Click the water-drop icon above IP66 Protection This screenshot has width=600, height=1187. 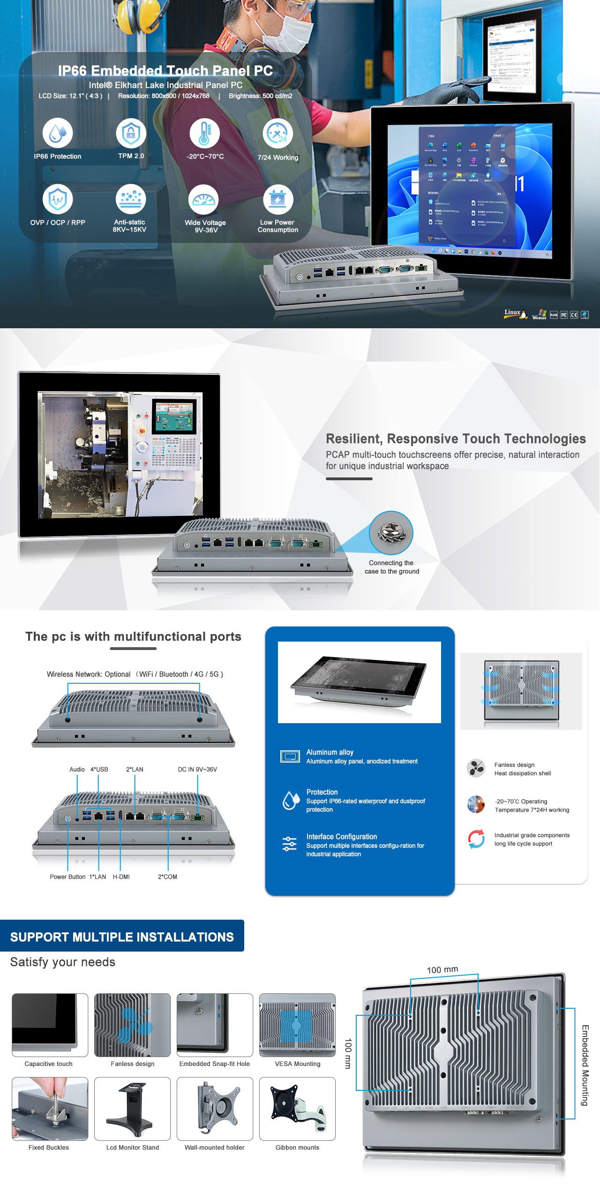(x=58, y=133)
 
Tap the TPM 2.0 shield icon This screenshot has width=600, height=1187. (x=131, y=133)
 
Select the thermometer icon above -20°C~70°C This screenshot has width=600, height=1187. (x=204, y=133)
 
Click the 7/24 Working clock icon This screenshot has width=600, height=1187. (x=277, y=134)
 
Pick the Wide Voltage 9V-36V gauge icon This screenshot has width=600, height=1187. (x=203, y=200)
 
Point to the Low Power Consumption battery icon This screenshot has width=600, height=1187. (x=278, y=200)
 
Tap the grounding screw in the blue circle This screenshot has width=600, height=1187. (x=391, y=533)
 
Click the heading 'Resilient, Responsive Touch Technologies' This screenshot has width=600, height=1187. (x=456, y=439)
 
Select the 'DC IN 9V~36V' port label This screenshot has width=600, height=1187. (x=197, y=770)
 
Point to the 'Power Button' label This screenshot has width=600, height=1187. (x=67, y=877)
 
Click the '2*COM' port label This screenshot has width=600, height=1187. (x=167, y=877)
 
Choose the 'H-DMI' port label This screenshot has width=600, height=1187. (x=121, y=877)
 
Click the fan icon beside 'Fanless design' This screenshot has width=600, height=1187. (x=476, y=768)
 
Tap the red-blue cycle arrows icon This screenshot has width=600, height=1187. (x=476, y=839)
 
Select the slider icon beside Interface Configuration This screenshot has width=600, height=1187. (x=289, y=844)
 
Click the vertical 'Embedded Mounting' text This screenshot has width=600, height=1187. (x=585, y=1065)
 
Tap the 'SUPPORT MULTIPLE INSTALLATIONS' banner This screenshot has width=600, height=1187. (x=122, y=937)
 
